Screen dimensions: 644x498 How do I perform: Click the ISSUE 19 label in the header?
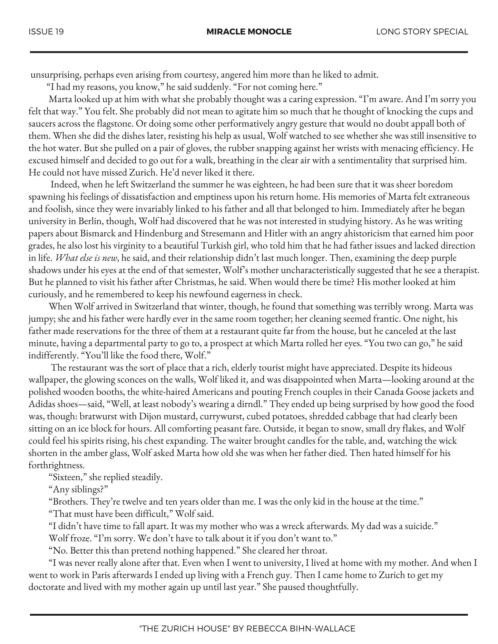(46, 32)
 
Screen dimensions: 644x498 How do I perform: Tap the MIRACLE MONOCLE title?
(249, 32)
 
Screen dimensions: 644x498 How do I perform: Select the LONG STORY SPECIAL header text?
(422, 32)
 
